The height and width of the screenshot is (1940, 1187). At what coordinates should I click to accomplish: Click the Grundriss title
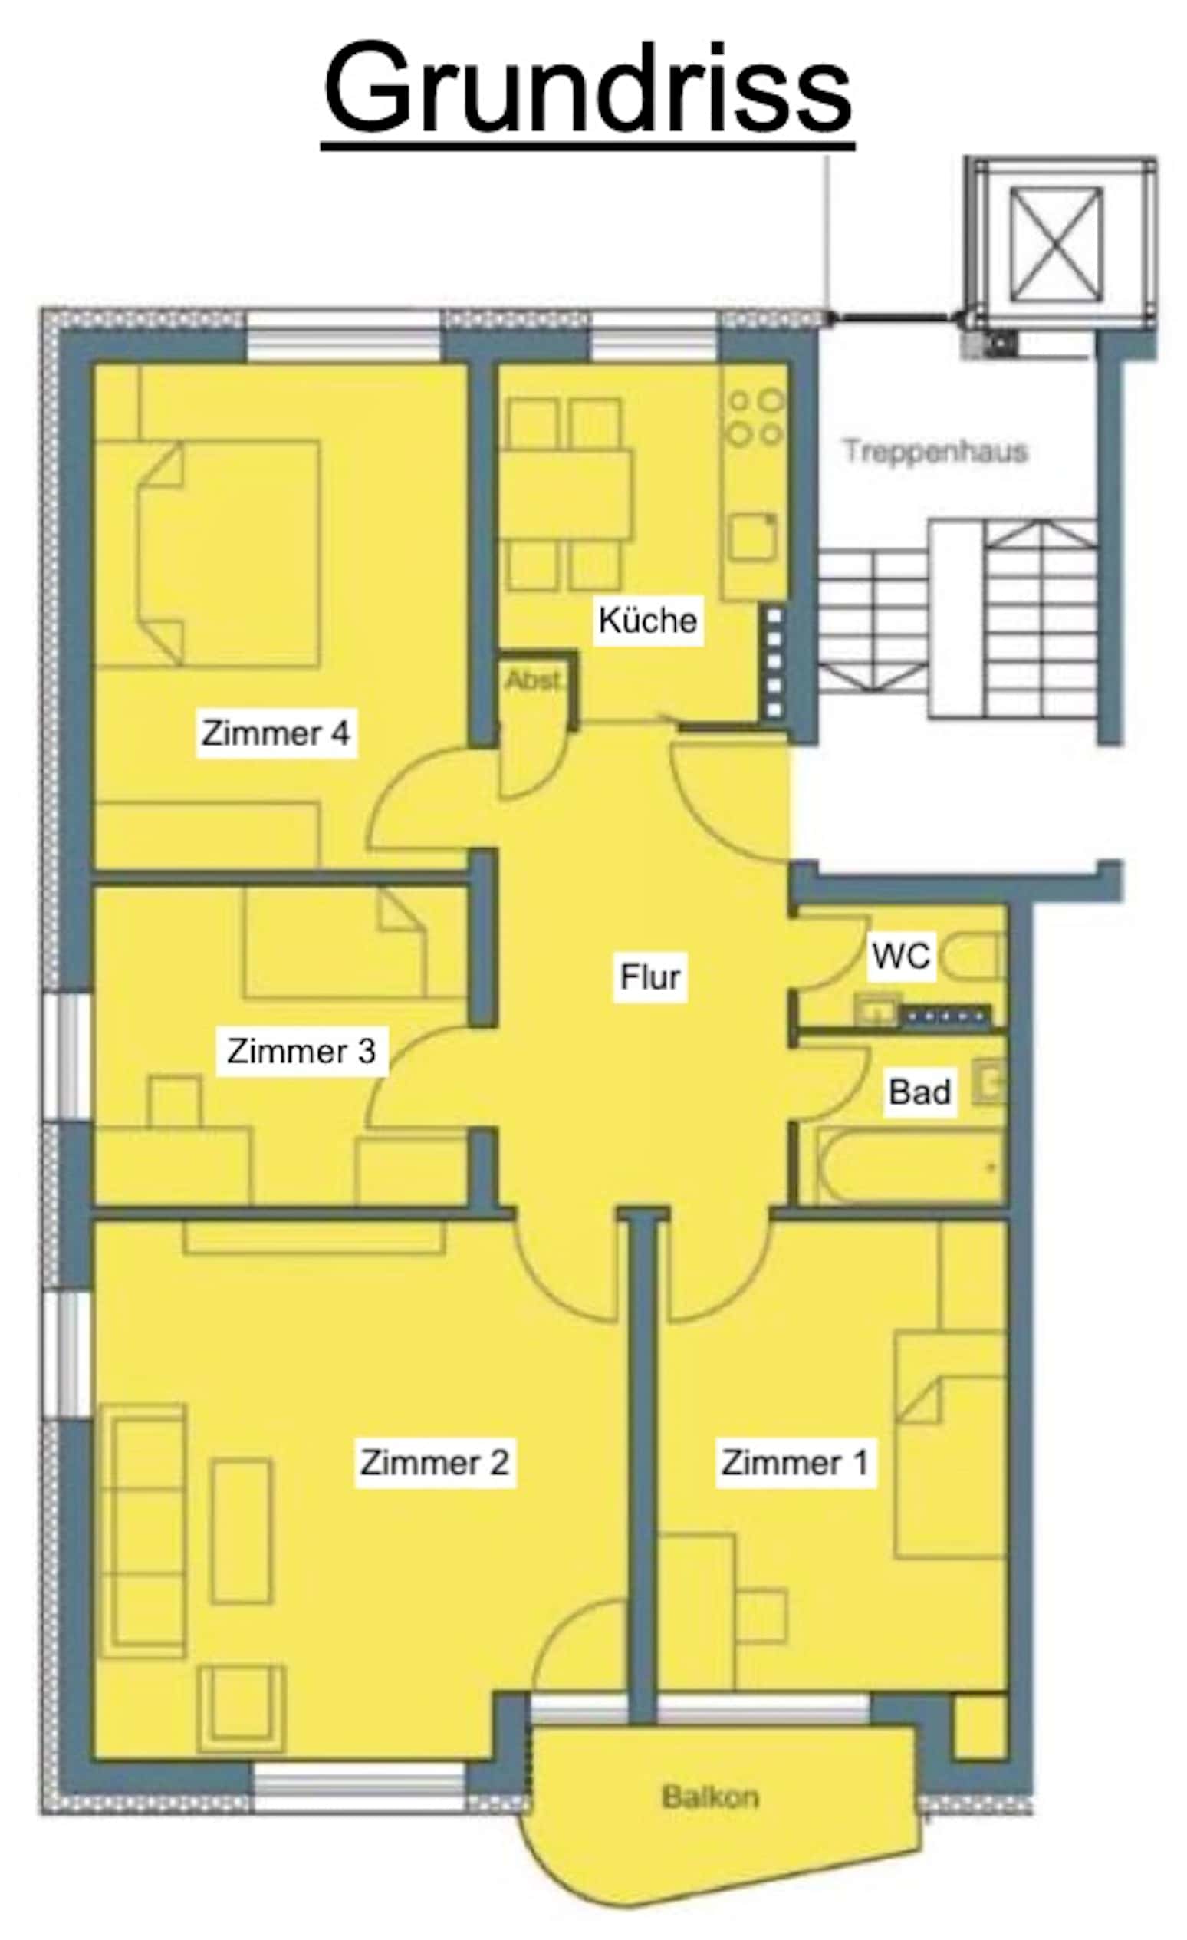(x=587, y=88)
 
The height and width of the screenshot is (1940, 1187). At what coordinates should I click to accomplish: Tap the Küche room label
(x=647, y=621)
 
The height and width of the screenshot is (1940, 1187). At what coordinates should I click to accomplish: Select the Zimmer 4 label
(x=275, y=733)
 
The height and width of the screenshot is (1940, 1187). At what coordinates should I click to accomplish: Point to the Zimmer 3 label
(x=301, y=1051)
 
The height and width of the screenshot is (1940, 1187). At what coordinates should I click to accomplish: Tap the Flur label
(x=650, y=977)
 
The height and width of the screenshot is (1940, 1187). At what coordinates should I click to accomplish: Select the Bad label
(x=919, y=1092)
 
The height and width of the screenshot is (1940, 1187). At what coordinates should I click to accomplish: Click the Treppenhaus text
(x=936, y=452)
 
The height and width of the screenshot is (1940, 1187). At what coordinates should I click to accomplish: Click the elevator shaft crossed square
(x=1056, y=244)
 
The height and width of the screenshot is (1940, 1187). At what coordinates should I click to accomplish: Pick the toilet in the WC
(x=975, y=956)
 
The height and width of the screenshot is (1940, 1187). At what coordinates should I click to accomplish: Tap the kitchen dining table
(x=566, y=494)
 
